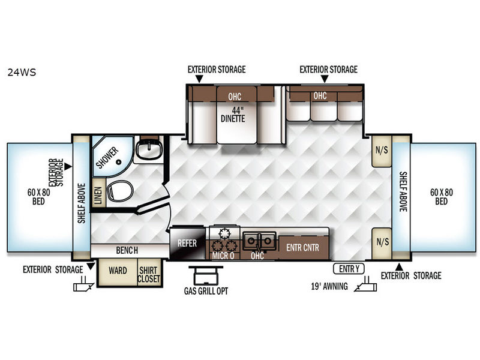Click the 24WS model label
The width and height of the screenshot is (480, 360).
22,72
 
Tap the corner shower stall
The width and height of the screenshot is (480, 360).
111,156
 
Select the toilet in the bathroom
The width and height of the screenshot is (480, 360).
120,190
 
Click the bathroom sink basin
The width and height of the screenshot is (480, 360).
149,149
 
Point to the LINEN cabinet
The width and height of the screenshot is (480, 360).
98,192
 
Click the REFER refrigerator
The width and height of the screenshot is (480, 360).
187,244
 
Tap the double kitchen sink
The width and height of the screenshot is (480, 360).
259,241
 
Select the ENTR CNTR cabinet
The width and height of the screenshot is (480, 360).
303,247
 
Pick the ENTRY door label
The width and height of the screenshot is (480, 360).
349,269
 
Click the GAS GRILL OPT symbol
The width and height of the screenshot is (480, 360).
206,275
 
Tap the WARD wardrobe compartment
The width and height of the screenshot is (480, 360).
118,273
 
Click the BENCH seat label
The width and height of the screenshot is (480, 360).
127,250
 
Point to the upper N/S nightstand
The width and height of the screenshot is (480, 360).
382,151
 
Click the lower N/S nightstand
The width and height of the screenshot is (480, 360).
382,242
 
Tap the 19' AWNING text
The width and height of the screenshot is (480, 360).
329,286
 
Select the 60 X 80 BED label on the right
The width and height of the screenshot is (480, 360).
442,197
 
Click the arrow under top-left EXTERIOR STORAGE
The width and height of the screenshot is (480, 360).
199,79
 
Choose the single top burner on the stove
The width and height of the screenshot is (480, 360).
224,233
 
